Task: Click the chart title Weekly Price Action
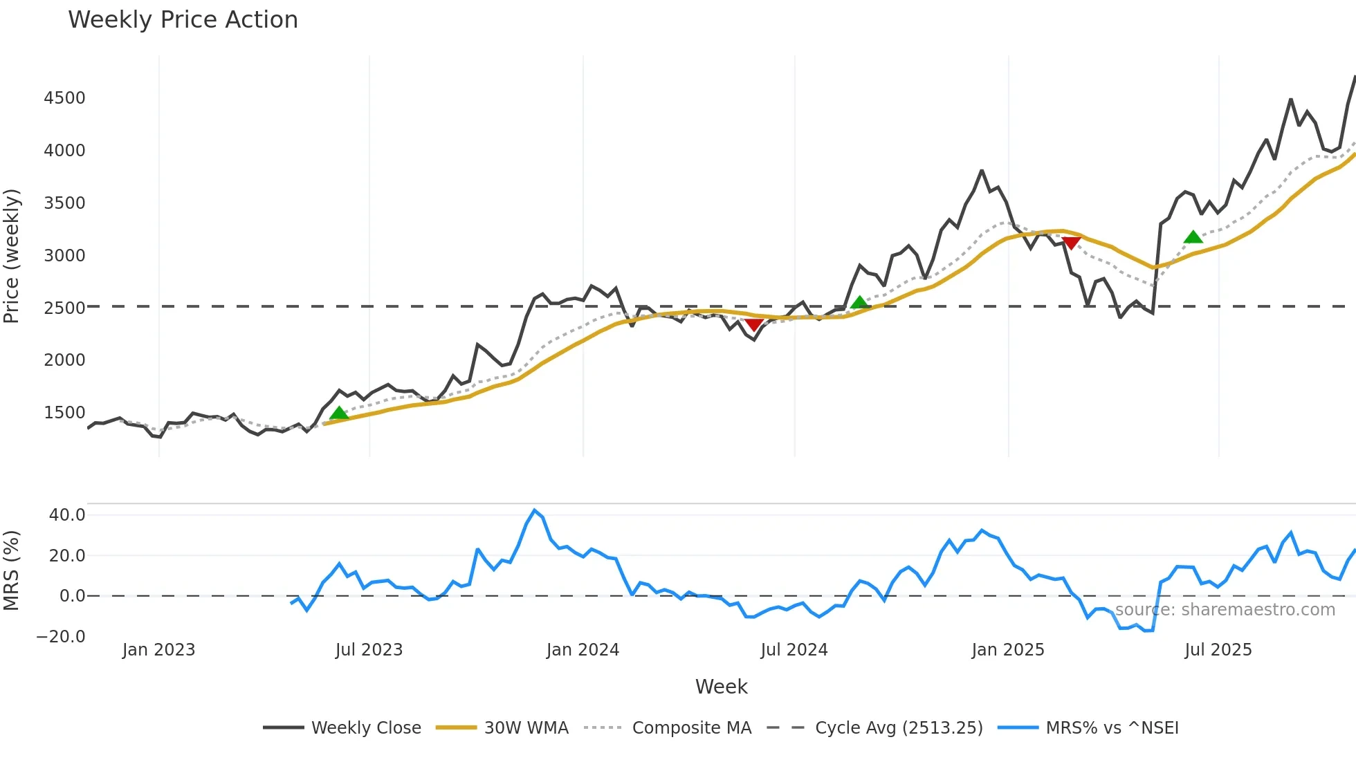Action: point(183,20)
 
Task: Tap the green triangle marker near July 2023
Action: point(339,413)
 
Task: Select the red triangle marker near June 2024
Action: point(754,325)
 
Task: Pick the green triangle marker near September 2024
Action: point(859,303)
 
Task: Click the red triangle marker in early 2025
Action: point(1071,243)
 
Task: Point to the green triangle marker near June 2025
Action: point(1193,237)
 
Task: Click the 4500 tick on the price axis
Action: point(65,98)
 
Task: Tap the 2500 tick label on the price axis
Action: point(65,308)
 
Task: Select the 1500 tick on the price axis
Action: point(65,413)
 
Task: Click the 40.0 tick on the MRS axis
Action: point(67,515)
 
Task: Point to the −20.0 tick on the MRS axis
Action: point(61,637)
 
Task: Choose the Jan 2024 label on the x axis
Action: point(583,650)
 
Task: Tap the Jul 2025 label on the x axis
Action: point(1218,650)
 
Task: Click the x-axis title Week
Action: point(721,687)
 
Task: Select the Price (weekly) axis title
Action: point(12,256)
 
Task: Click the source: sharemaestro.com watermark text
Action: point(1225,610)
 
